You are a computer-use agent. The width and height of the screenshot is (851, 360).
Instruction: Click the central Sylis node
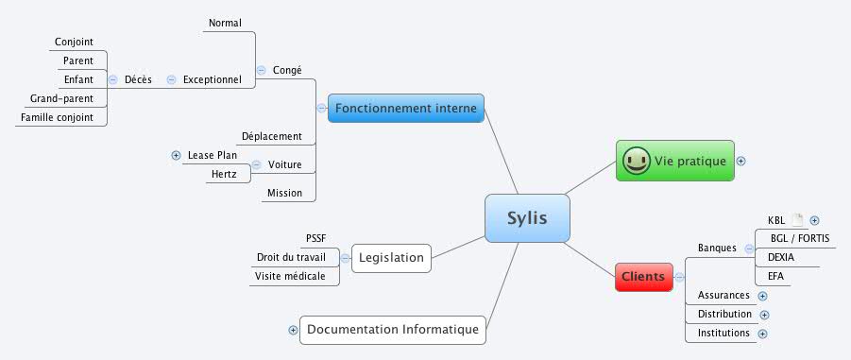click(x=528, y=219)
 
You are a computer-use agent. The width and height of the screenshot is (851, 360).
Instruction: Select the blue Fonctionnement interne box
click(x=406, y=109)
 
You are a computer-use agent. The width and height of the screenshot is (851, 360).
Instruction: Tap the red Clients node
click(x=643, y=277)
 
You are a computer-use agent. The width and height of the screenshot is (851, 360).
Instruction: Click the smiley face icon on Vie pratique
click(x=637, y=161)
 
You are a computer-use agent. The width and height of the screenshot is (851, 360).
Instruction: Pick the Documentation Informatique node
click(x=393, y=330)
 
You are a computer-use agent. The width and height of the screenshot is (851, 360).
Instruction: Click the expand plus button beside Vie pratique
click(x=740, y=161)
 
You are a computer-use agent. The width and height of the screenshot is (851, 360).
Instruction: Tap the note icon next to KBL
click(x=797, y=220)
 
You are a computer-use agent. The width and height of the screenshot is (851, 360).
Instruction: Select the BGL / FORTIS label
click(x=799, y=238)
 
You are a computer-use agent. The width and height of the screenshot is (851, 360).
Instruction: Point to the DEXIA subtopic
click(x=780, y=257)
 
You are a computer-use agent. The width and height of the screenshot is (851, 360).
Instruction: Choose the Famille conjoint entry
click(x=57, y=117)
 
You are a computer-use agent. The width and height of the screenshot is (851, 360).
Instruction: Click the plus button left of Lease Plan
click(x=176, y=155)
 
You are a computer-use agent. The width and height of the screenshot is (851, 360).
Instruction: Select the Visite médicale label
click(x=290, y=276)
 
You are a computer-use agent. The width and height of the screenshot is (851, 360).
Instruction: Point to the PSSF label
click(x=315, y=238)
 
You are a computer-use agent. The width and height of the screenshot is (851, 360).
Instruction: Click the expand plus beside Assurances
click(x=762, y=296)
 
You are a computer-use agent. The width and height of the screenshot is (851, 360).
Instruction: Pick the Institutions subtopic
click(x=723, y=333)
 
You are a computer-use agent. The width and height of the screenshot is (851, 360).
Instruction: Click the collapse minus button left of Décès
click(x=113, y=79)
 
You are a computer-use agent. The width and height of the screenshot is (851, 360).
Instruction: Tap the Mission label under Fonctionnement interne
click(x=284, y=193)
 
